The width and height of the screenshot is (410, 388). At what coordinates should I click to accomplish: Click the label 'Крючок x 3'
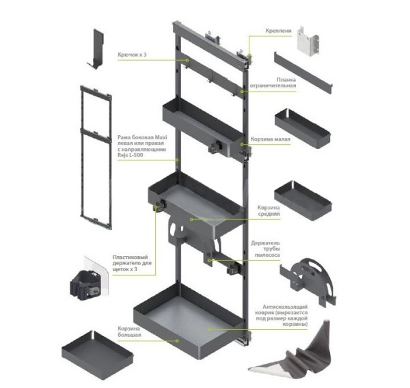pos(132,55)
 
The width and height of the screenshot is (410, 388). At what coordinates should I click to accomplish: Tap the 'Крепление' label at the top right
pos(278,31)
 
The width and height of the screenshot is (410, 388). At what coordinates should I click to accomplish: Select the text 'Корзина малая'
pos(271,139)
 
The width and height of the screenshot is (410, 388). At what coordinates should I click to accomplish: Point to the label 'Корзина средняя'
pos(269,210)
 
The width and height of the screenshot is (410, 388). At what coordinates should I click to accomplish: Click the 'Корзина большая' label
pos(129,332)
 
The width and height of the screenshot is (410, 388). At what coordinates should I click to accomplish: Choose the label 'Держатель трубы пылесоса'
pos(265,249)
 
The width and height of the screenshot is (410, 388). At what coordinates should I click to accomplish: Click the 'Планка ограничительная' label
pos(273,83)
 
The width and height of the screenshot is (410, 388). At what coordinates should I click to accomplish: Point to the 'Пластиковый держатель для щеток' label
pos(132,263)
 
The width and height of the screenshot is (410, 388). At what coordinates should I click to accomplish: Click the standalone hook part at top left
pos(96,48)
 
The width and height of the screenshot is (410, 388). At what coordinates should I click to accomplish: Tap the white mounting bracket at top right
pos(308,41)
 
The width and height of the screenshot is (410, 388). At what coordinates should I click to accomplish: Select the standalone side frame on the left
pos(96,157)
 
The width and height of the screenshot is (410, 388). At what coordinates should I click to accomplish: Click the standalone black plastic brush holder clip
pos(85,285)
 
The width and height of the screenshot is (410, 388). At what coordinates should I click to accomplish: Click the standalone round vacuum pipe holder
pos(309,281)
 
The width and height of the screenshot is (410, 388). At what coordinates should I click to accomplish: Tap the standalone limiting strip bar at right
pos(303,72)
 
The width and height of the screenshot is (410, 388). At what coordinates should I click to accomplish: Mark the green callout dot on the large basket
pos(177,341)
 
